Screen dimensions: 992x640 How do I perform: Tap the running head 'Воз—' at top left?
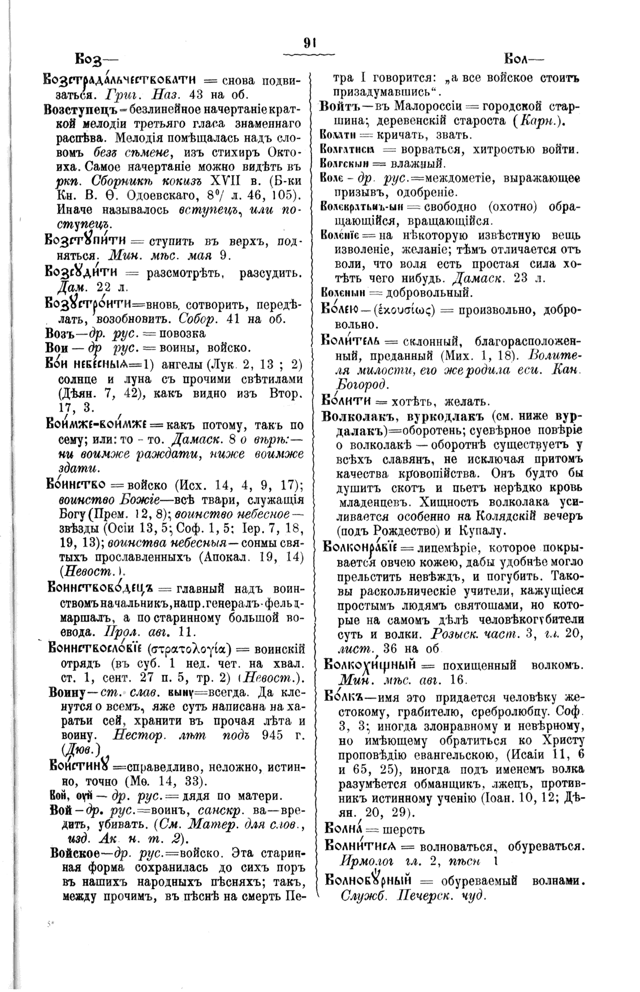pos(93,59)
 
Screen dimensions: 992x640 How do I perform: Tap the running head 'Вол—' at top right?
pos(521,58)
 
